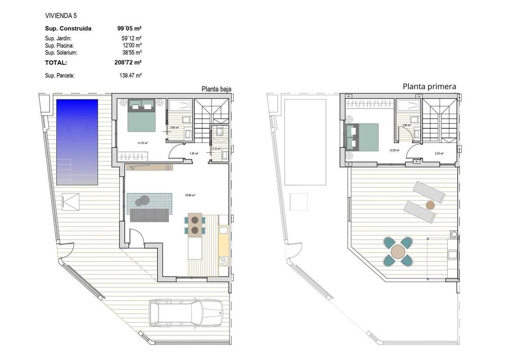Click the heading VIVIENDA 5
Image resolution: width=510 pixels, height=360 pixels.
pyautogui.click(x=61, y=16)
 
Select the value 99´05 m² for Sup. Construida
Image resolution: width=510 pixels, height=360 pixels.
pyautogui.click(x=129, y=28)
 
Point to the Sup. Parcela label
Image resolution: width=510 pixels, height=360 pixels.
pyautogui.click(x=59, y=75)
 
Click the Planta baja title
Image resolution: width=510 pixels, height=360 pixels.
pyautogui.click(x=216, y=89)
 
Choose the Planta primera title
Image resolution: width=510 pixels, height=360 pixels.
pyautogui.click(x=429, y=86)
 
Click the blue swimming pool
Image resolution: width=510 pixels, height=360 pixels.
pyautogui.click(x=77, y=142)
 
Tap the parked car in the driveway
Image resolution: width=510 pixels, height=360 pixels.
pyautogui.click(x=186, y=312)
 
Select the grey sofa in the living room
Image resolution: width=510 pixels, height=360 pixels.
pyautogui.click(x=149, y=215)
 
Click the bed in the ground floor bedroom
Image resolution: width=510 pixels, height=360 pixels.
pyautogui.click(x=142, y=116)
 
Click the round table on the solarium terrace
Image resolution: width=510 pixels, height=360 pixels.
pyautogui.click(x=398, y=252)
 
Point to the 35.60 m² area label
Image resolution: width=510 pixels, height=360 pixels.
pyautogui.click(x=190, y=195)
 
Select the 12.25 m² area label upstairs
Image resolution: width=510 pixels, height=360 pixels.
pyautogui.click(x=394, y=151)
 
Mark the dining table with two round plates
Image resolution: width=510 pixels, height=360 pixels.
pyautogui.click(x=195, y=225)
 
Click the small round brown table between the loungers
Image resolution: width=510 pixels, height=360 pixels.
pyautogui.click(x=430, y=205)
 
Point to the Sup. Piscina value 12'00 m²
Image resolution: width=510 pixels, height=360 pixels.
pyautogui.click(x=132, y=45)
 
